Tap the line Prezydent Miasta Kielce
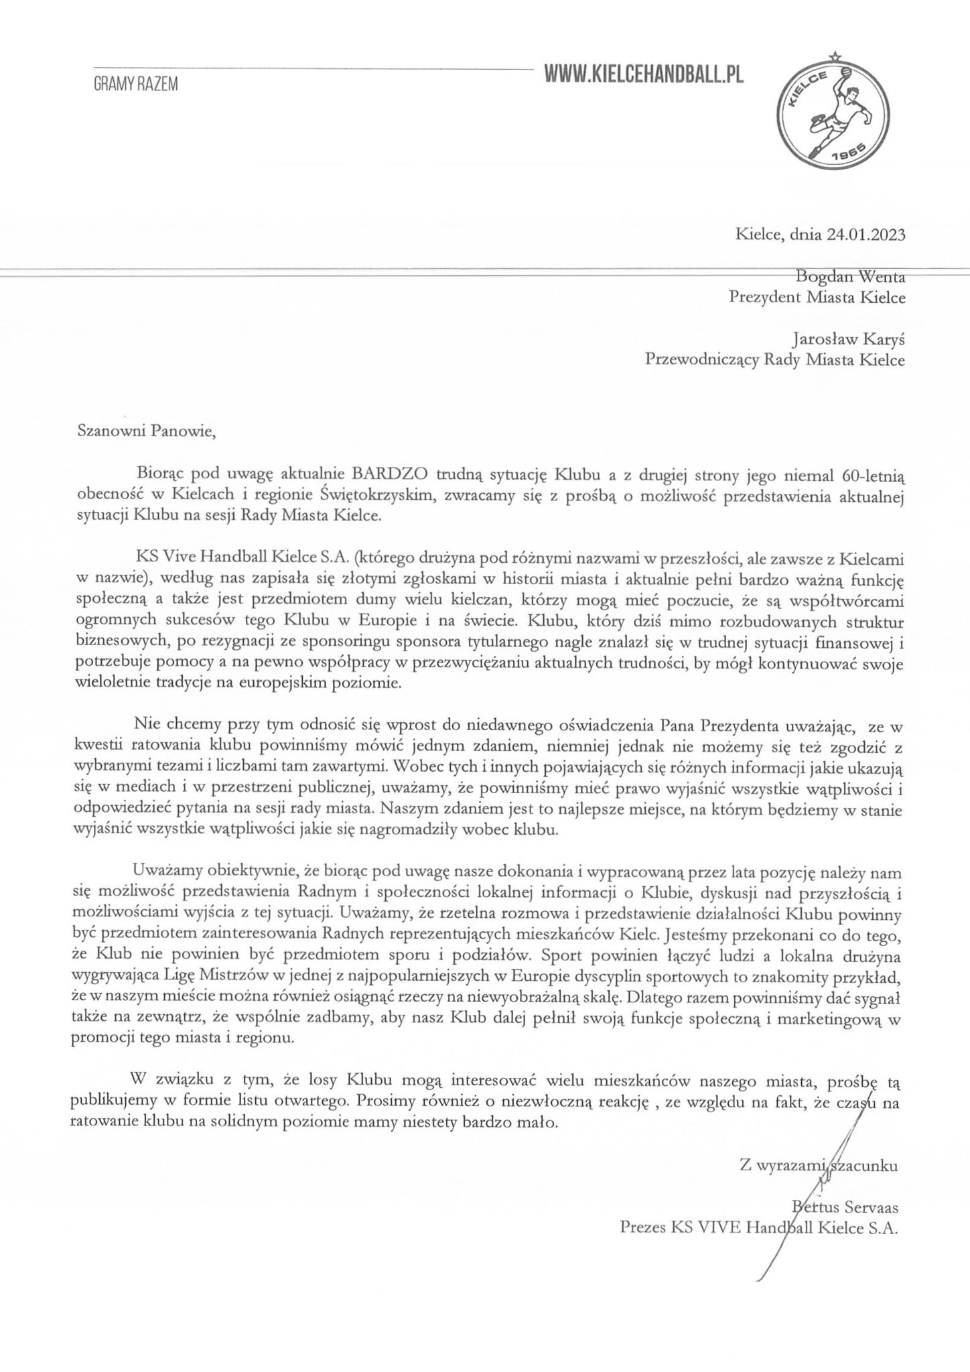point(817,297)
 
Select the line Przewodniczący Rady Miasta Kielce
point(774,360)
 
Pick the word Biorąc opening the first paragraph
point(158,476)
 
